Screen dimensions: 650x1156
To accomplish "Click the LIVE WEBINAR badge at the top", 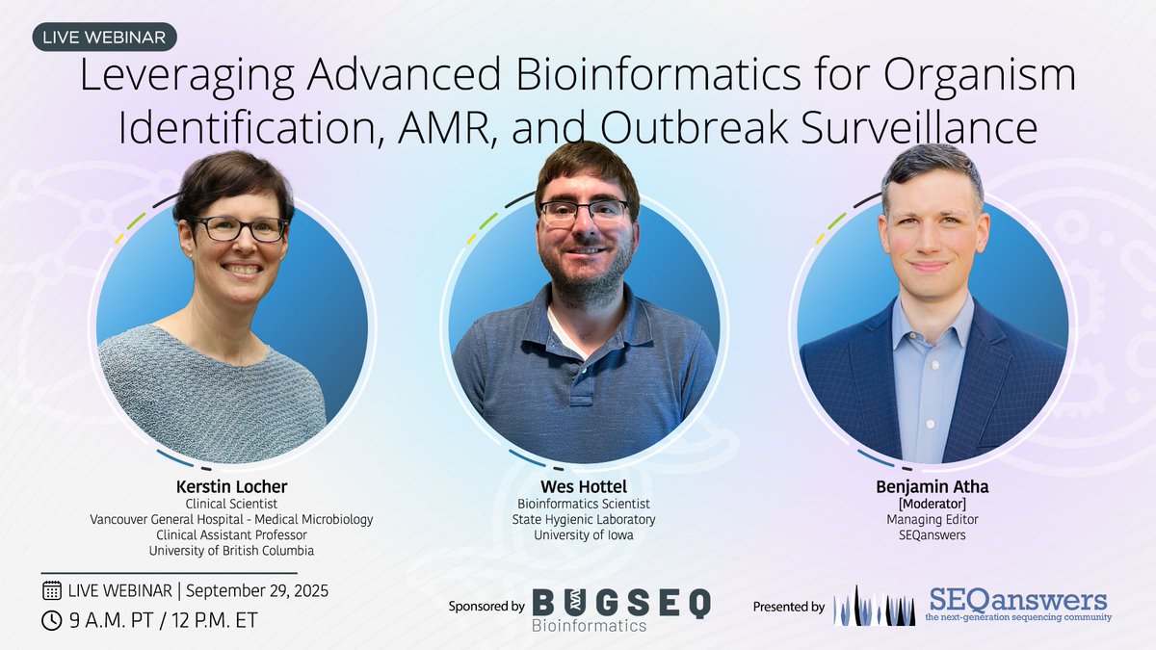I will click(104, 38).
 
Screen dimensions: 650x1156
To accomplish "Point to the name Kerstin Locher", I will click(231, 487).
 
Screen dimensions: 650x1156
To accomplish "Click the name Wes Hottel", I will click(583, 487).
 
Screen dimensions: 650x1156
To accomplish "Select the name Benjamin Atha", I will click(933, 487).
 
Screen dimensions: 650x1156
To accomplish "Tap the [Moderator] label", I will click(933, 504).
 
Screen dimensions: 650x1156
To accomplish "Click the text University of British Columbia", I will click(231, 551).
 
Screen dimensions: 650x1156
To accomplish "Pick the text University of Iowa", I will click(583, 535).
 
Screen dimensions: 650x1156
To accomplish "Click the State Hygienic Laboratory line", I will click(583, 520).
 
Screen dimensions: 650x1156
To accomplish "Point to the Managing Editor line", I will click(933, 520).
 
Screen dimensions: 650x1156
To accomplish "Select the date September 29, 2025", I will click(257, 590).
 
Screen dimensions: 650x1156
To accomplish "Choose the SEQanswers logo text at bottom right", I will click(1017, 602).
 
